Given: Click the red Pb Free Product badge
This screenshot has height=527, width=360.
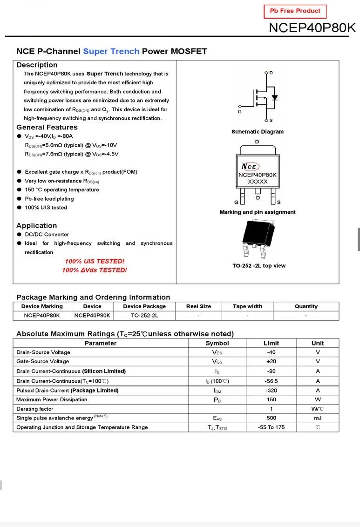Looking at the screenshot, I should coord(295,11).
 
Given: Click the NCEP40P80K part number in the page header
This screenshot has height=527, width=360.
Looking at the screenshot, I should coord(312,28).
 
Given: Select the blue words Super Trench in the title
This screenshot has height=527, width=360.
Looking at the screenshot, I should coord(111,51).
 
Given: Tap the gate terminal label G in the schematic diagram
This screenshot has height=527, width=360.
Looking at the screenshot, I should coord(239,112).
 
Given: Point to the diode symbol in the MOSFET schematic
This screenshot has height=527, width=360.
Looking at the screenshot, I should coord(275,98).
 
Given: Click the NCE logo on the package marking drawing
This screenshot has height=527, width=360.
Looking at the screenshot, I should coord(250,167).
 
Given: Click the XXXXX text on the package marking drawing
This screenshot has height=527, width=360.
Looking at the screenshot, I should coord(258,182).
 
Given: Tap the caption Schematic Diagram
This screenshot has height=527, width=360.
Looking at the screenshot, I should coord(257,132).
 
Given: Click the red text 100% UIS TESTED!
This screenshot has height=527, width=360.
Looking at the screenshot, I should coord(95,261).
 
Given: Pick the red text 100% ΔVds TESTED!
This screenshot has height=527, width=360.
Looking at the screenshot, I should coord(95,270).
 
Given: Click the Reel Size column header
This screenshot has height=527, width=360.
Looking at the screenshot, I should coord(198,306).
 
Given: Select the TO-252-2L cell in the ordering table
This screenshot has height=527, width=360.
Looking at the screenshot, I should coord(144,315).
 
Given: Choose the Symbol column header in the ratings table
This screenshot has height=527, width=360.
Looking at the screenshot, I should coord(217,343).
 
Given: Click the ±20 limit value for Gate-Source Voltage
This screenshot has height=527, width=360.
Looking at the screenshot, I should coord(271,361).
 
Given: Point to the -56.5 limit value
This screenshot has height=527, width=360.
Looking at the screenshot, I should coord(271,381).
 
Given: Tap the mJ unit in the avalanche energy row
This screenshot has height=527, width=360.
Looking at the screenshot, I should coord(318,418).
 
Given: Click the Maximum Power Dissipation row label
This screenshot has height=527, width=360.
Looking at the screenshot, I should coord(52,399).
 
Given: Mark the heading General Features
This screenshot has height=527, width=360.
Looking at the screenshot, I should coord(47,127).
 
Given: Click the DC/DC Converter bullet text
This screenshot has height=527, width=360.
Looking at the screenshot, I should coord(47,235).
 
